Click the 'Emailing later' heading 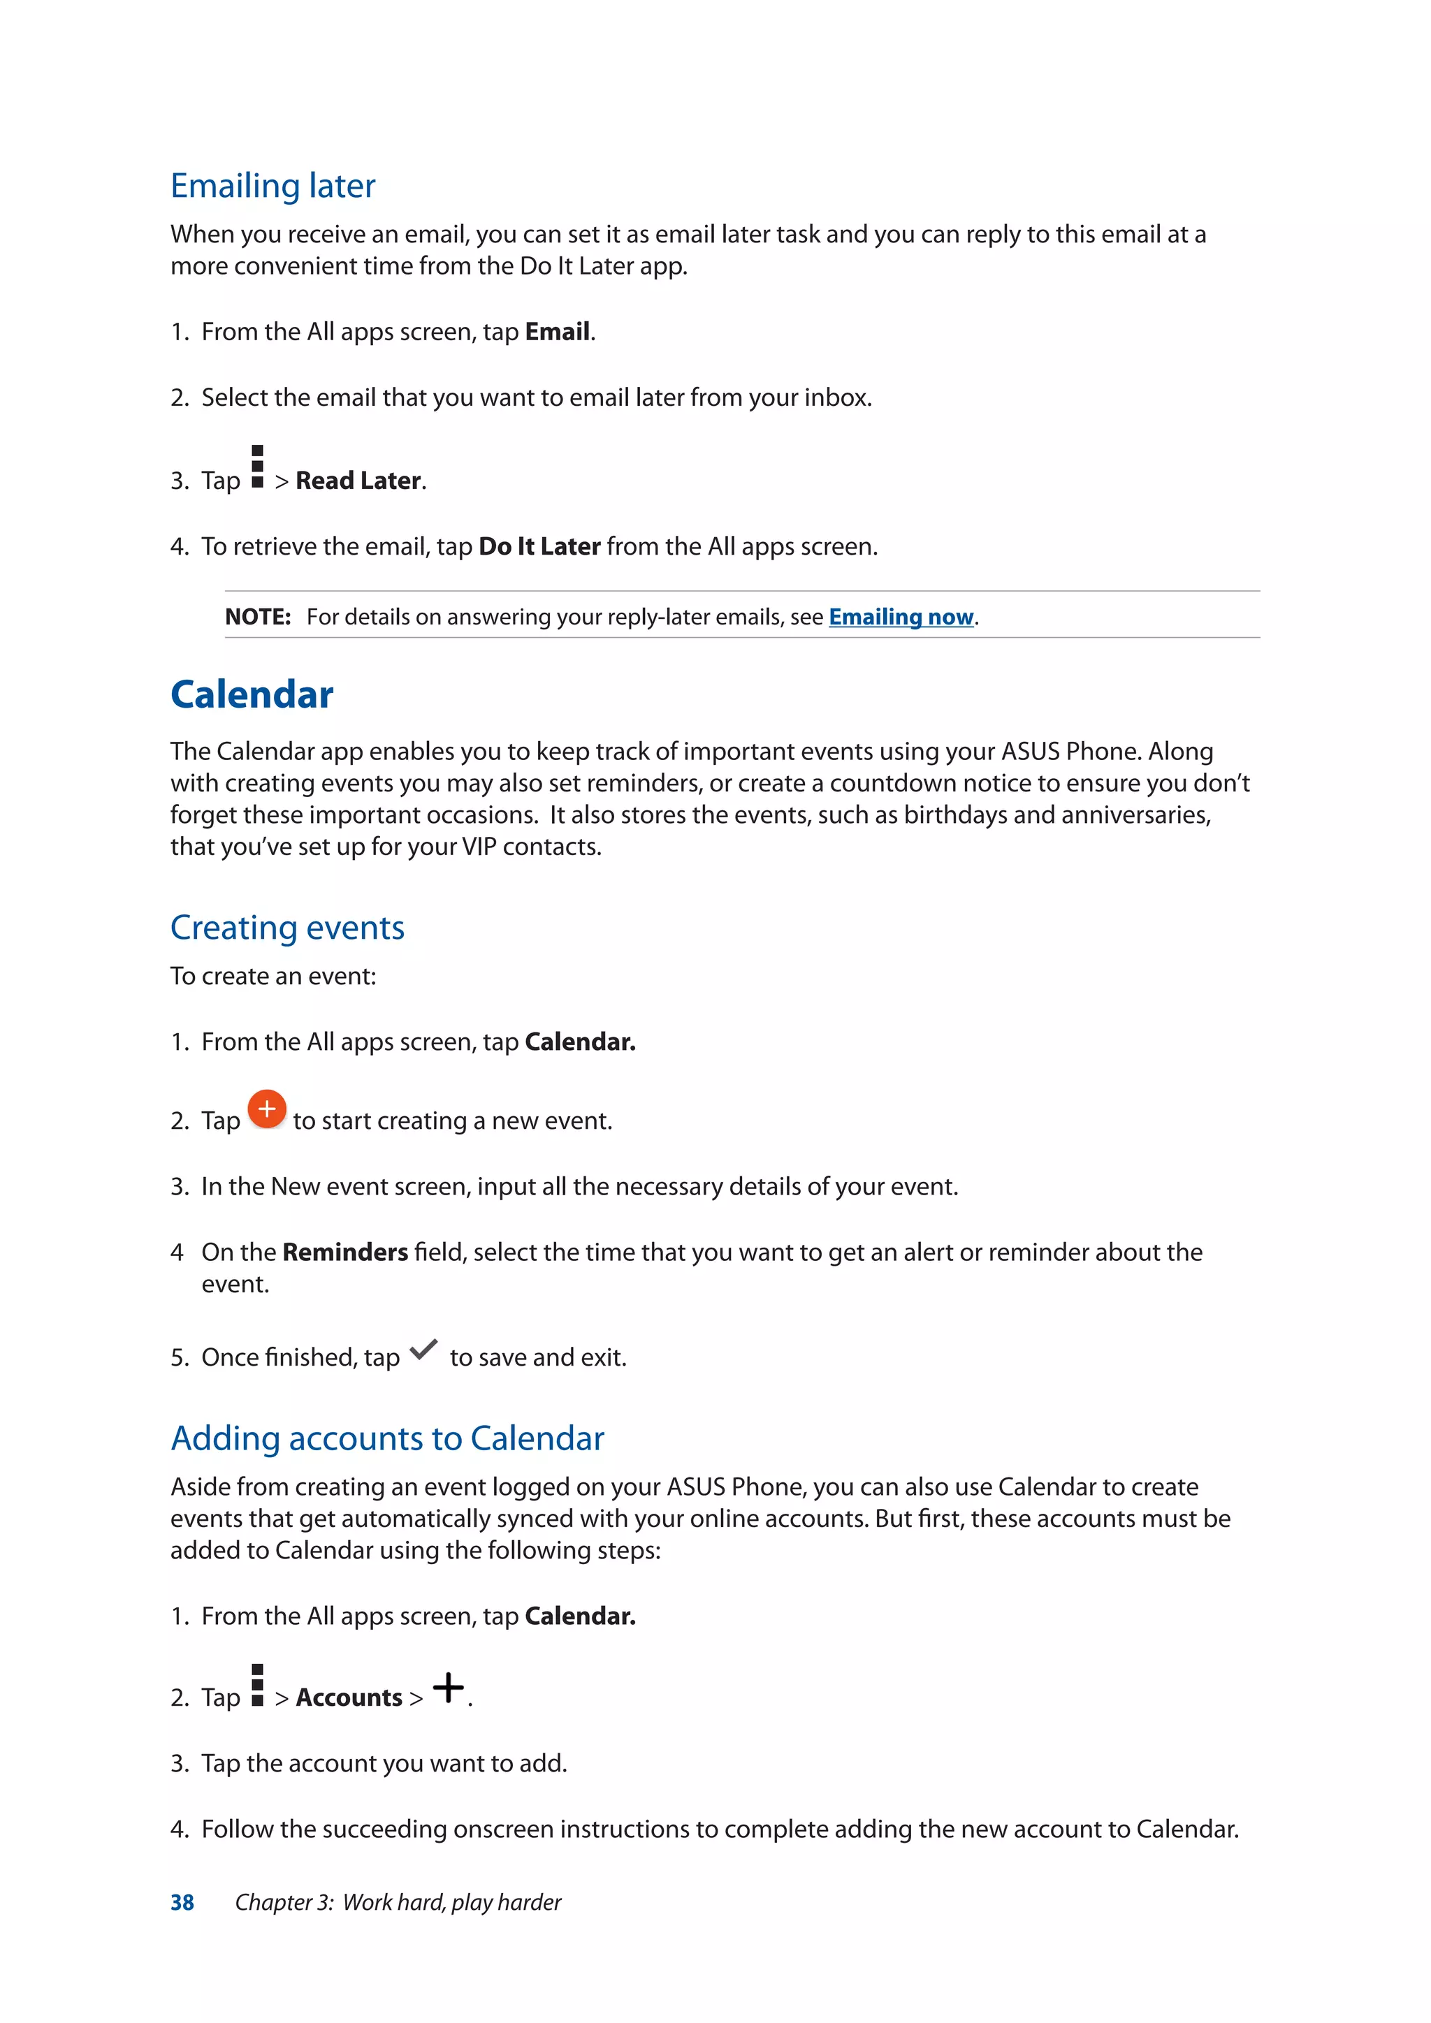tap(273, 186)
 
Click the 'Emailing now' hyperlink tap(901, 617)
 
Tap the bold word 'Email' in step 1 tap(557, 333)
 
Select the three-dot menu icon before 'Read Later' tap(257, 467)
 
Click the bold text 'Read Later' tap(358, 481)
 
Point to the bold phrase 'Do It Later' tap(539, 547)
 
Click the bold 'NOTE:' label tap(257, 617)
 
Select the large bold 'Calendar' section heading tap(252, 694)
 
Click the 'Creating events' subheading tap(287, 928)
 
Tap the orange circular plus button tap(266, 1109)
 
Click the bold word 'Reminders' tap(344, 1252)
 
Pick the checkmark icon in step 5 tap(424, 1350)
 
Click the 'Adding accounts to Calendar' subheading tap(387, 1439)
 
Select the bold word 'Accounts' tap(349, 1698)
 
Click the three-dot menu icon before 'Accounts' tap(257, 1686)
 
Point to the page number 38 tap(182, 1902)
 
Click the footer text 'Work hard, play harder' tap(451, 1902)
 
